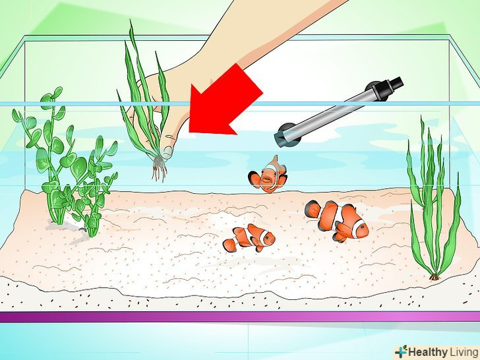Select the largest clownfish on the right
[338, 220]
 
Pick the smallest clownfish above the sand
[249, 238]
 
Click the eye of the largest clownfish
[361, 227]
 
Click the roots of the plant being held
[159, 167]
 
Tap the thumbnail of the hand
[167, 152]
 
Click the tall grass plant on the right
[433, 199]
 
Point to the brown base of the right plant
[435, 277]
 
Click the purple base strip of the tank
[240, 317]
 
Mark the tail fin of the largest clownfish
[313, 210]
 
